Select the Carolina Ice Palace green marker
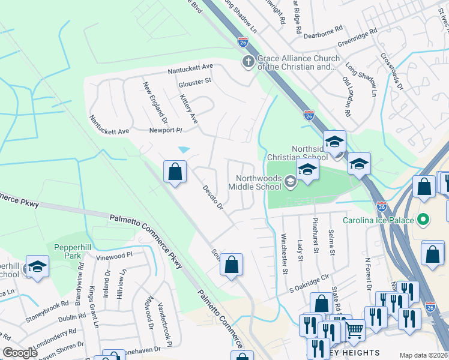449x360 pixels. (424, 220)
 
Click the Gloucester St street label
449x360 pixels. (196, 80)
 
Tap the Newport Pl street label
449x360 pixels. (166, 130)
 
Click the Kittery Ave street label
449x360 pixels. (188, 109)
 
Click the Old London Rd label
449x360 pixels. (346, 96)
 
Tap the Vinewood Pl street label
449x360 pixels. (113, 256)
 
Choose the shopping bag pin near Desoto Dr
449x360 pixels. (175, 172)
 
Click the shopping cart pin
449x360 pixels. (354, 329)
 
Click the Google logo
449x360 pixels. (20, 352)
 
